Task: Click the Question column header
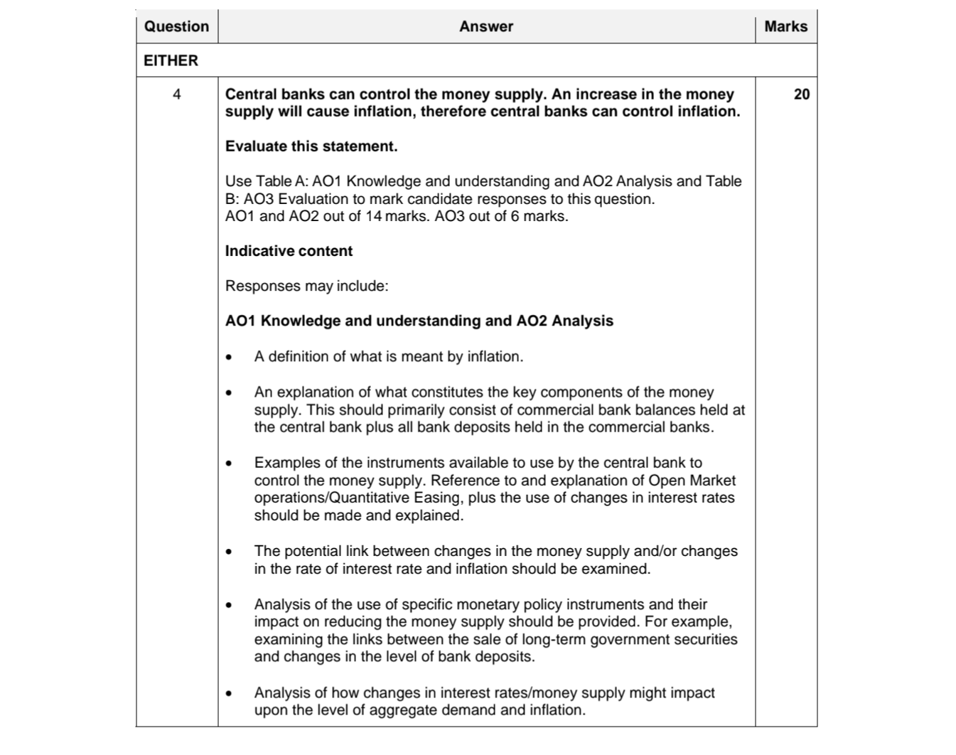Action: pyautogui.click(x=176, y=26)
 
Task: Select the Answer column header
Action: pyautogui.click(x=485, y=26)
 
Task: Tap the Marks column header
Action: pyautogui.click(x=785, y=26)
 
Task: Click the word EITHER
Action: pyautogui.click(x=171, y=60)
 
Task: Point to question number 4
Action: pyautogui.click(x=176, y=95)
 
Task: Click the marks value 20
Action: pyautogui.click(x=801, y=95)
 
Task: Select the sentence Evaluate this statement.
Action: pyautogui.click(x=311, y=146)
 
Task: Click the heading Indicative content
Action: pyautogui.click(x=289, y=251)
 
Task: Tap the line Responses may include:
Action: pyautogui.click(x=306, y=286)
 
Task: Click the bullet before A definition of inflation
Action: pyautogui.click(x=229, y=358)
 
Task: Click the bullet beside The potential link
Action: pyautogui.click(x=229, y=552)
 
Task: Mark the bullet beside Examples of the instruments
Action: pyautogui.click(x=229, y=464)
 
